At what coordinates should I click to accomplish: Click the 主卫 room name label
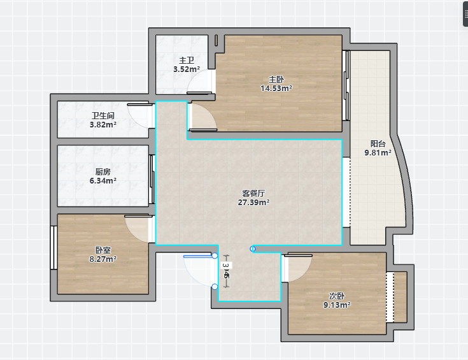coord(187,61)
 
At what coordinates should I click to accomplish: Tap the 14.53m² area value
coord(276,89)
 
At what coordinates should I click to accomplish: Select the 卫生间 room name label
coord(103,115)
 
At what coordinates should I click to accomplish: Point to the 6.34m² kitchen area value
coord(103,181)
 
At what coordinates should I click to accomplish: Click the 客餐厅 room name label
coord(253,193)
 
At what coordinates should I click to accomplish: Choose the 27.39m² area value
coord(253,202)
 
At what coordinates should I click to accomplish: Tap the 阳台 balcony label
coord(378,144)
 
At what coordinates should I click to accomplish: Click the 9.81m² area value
coord(378,153)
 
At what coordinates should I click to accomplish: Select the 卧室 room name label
coord(103,250)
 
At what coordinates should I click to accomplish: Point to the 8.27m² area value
coord(103,259)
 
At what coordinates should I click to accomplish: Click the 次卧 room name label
coord(337,296)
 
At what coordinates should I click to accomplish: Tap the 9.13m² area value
coord(337,305)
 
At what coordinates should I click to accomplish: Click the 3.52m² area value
coord(187,69)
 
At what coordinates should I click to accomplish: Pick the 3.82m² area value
coord(103,125)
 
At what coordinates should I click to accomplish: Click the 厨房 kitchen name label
coord(103,172)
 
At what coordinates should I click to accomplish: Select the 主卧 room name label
coord(276,80)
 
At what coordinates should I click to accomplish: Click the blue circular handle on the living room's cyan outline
coord(253,249)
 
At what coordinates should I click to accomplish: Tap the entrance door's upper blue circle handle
coord(215,256)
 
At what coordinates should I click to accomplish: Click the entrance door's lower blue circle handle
coord(215,287)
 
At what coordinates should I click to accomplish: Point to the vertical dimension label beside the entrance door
coord(227,270)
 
